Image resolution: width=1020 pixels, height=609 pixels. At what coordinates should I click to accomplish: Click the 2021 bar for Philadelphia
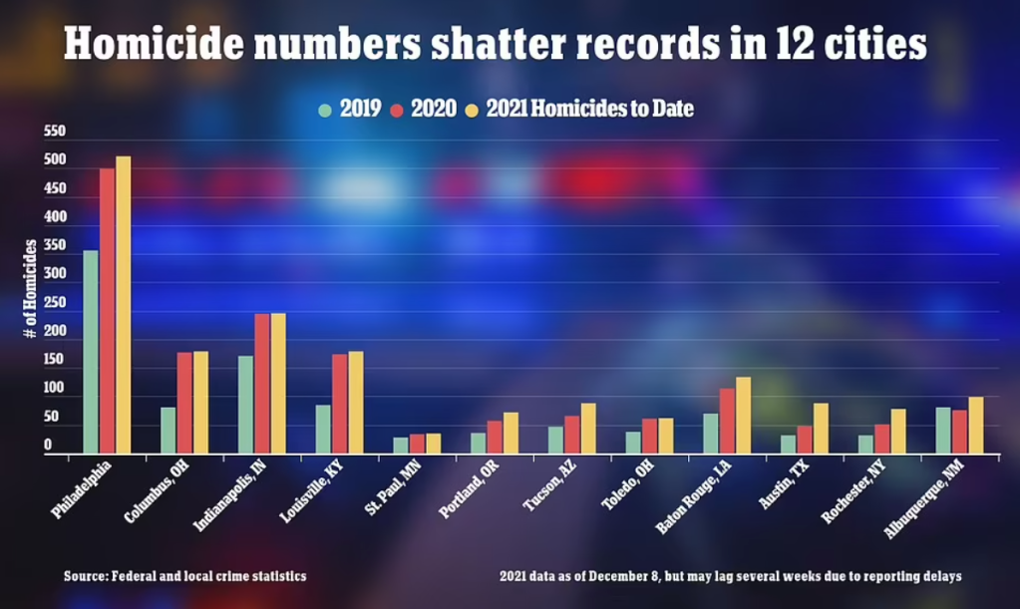[x=123, y=305]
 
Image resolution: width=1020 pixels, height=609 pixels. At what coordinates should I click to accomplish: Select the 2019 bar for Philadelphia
[x=91, y=352]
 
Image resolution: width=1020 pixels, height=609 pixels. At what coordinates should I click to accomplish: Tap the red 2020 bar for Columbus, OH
[x=184, y=403]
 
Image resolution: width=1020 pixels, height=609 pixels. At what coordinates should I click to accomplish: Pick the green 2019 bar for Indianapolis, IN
[x=245, y=404]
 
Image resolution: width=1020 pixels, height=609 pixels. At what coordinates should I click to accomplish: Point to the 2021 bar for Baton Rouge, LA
[x=743, y=415]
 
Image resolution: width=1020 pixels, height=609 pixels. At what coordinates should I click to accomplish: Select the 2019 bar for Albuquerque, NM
[x=943, y=430]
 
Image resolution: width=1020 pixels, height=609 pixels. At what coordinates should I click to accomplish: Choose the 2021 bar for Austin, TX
[x=821, y=428]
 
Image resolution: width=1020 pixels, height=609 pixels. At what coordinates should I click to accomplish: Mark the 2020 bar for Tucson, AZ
[x=571, y=434]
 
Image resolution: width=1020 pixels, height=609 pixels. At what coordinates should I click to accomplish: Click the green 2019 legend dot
[x=325, y=110]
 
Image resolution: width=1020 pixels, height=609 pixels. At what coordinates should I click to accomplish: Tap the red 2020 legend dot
[x=395, y=110]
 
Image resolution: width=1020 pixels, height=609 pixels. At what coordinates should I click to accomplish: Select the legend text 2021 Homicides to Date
[x=589, y=110]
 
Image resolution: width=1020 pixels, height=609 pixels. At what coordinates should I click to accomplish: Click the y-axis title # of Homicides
[x=30, y=293]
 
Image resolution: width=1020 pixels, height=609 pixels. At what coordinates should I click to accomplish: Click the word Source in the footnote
[x=87, y=576]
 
